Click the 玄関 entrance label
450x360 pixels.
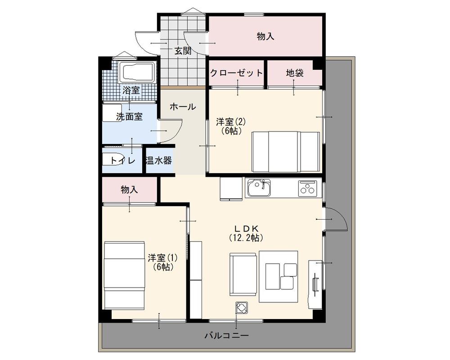(x=183, y=51)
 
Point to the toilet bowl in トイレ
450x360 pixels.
(x=110, y=161)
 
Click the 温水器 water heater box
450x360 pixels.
(x=158, y=161)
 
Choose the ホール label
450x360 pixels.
(x=183, y=107)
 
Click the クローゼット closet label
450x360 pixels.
(x=236, y=73)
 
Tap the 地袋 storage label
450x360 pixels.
(x=295, y=73)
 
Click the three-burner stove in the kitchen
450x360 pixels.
(x=308, y=188)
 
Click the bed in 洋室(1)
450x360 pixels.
(x=124, y=274)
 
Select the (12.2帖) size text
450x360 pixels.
(x=246, y=237)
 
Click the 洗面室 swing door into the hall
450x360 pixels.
(x=171, y=130)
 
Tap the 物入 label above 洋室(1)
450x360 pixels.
(x=129, y=190)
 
